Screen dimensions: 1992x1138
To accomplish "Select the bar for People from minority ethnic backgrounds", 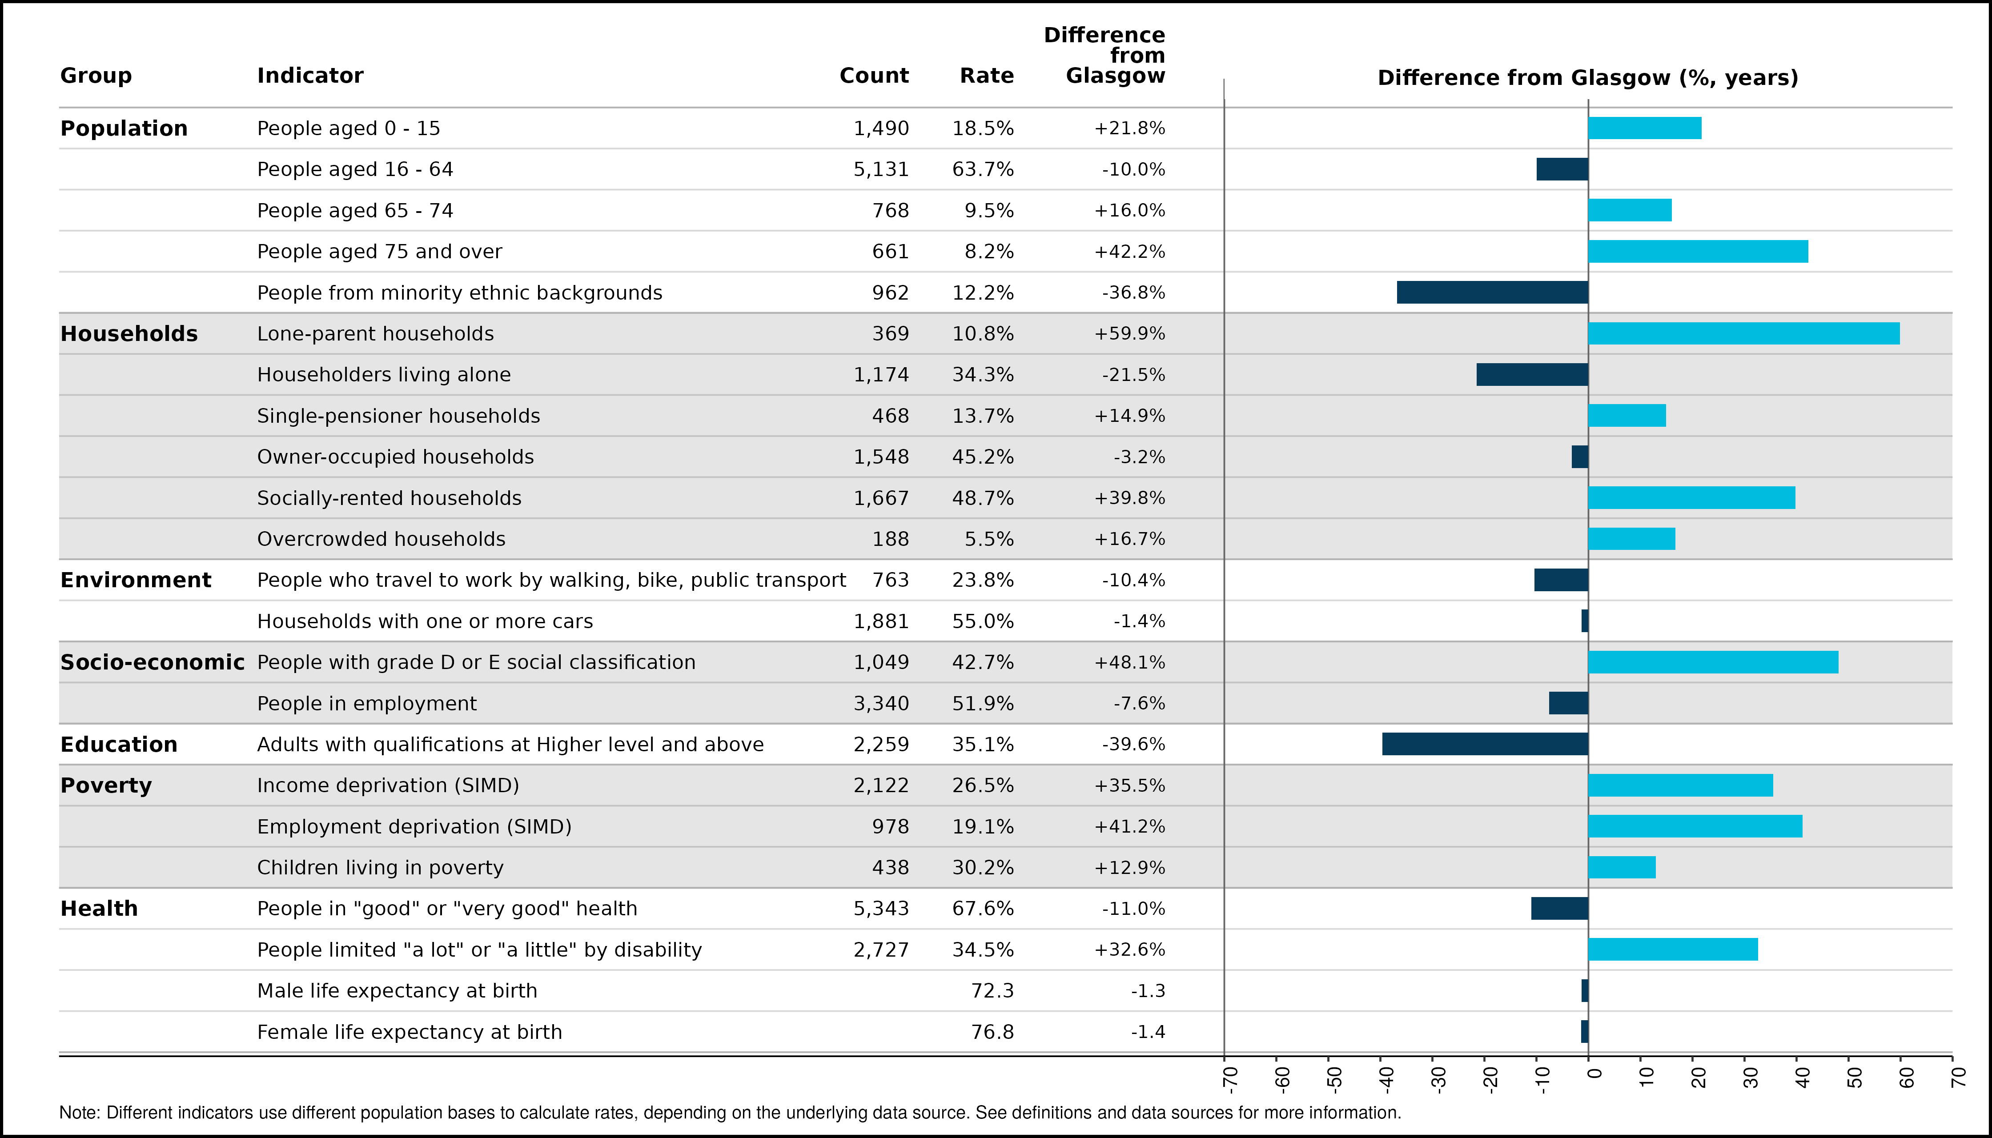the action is click(x=1492, y=293).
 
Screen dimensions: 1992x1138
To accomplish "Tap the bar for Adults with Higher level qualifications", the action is click(x=1486, y=744).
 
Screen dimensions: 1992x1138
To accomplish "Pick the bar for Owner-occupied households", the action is click(x=1580, y=457).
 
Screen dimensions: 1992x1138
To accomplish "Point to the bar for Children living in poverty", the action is click(x=1622, y=868).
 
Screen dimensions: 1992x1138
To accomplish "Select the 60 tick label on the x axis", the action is click(x=1906, y=1078).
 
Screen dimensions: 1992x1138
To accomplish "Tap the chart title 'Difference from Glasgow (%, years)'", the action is click(x=1588, y=78).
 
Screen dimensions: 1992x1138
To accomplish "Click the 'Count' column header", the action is click(x=874, y=76).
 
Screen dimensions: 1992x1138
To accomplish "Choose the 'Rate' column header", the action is click(x=987, y=76).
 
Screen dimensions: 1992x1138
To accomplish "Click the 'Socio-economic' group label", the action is click(x=153, y=663).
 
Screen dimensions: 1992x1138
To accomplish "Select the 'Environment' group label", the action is click(x=136, y=580).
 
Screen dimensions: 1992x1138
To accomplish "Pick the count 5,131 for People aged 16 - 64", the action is click(x=881, y=170).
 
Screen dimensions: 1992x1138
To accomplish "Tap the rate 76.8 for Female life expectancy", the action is click(x=992, y=1032).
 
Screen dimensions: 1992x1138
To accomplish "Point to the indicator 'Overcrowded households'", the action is click(x=382, y=539).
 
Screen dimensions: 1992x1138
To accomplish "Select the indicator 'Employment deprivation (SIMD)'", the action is click(x=414, y=827).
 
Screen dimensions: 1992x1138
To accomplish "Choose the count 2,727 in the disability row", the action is click(x=881, y=950).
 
